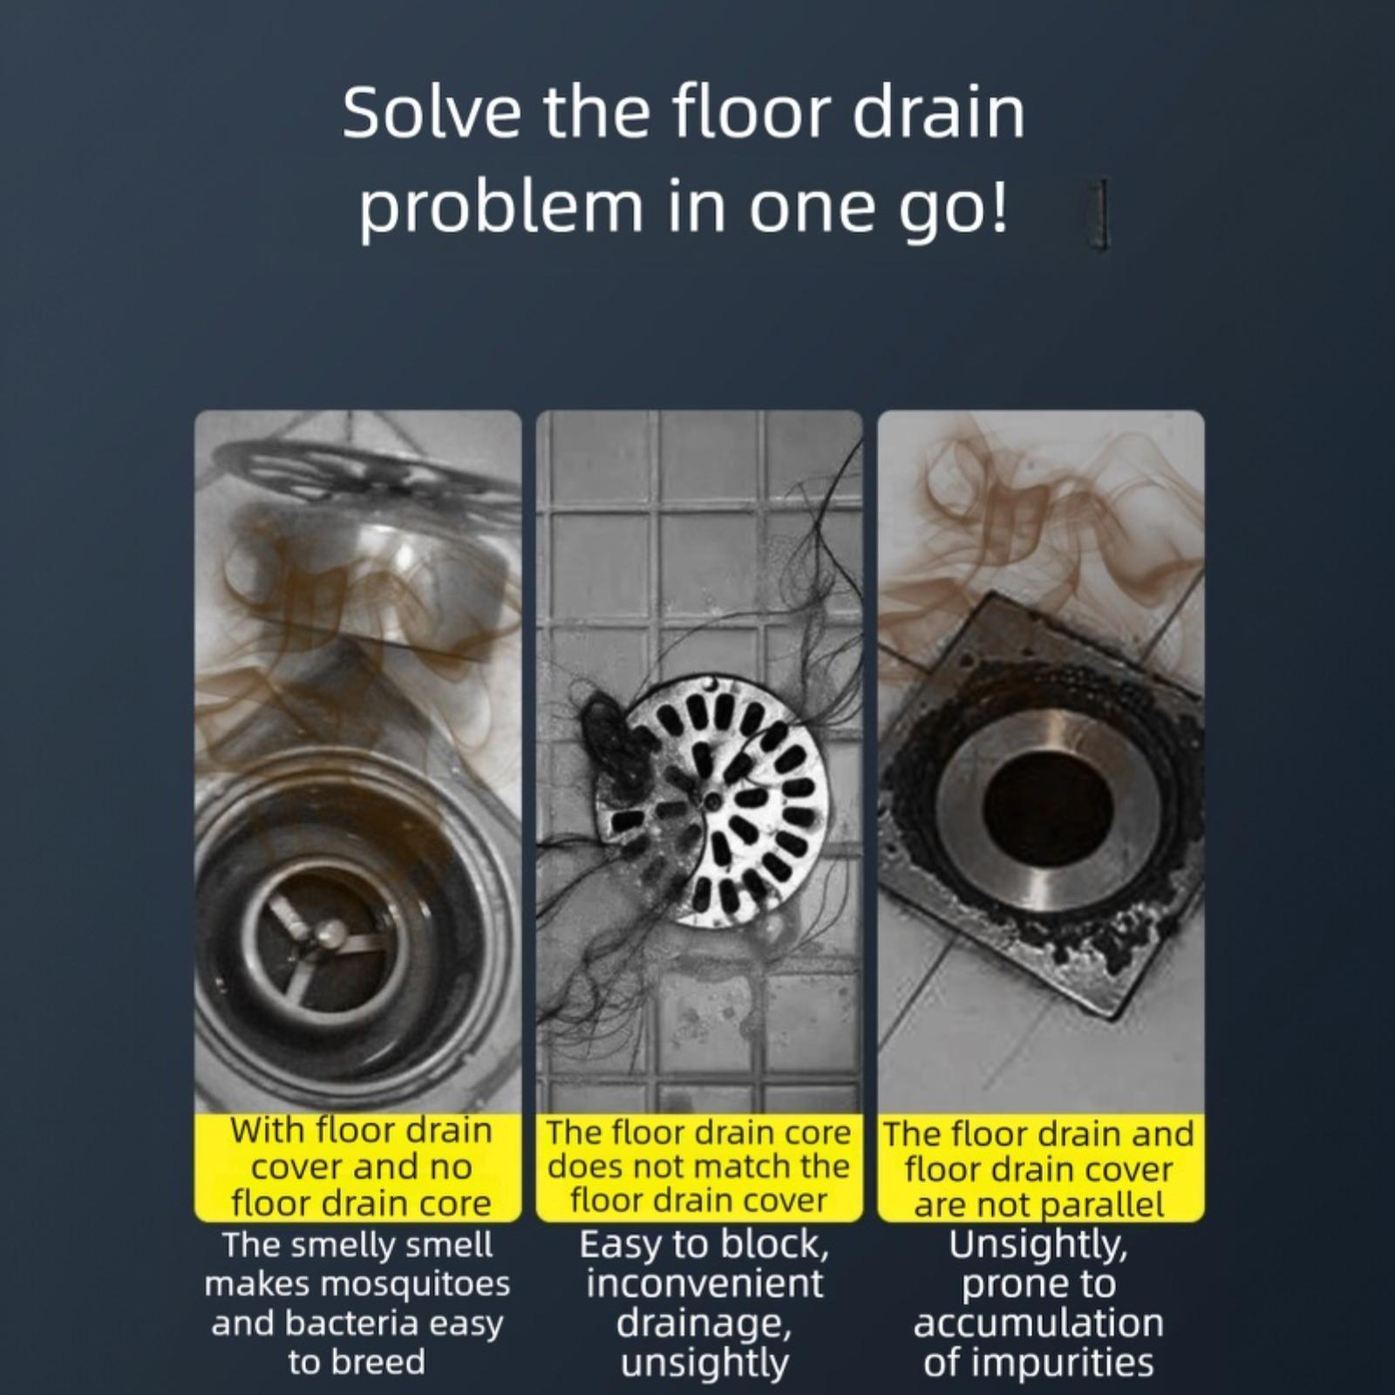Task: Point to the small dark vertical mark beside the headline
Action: point(1102,214)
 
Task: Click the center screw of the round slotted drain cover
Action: point(713,799)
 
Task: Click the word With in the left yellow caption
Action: point(269,1131)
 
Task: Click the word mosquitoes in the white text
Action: point(416,1284)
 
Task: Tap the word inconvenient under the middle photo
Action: point(704,1283)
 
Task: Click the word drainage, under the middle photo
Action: point(704,1324)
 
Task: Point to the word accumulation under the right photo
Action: point(1038,1323)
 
